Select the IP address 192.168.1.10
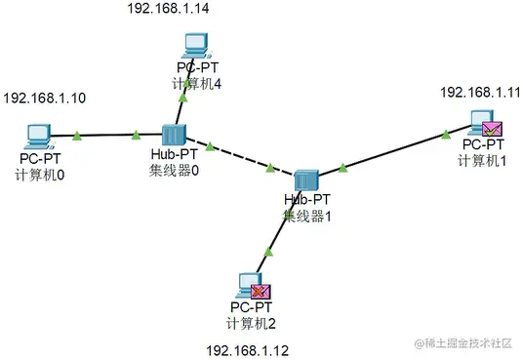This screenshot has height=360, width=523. coord(46,99)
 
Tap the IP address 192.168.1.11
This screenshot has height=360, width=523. coord(481,92)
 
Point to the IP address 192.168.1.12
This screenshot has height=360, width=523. coord(249,349)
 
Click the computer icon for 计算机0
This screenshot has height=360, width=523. coord(38,134)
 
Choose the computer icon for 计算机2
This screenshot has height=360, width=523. coord(249,286)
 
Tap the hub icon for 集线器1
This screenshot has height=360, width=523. coord(306,180)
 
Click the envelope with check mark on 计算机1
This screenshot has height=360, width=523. coord(492,127)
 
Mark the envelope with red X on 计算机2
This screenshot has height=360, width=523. coord(261,290)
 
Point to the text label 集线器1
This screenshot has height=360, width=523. coord(307,215)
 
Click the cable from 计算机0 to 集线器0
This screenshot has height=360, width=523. coord(102,136)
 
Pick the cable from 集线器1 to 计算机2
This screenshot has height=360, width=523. coord(276,233)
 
